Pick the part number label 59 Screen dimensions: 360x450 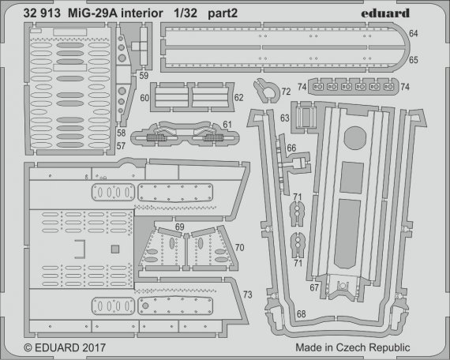(143, 76)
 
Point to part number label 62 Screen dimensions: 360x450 (238, 97)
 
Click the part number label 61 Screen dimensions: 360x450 (227, 125)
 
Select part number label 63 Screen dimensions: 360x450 (284, 119)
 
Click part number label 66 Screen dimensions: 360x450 (291, 147)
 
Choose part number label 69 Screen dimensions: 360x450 (180, 227)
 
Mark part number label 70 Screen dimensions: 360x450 (238, 246)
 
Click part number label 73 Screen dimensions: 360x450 (247, 295)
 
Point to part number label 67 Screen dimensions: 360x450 (314, 289)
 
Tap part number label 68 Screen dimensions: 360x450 (302, 314)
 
